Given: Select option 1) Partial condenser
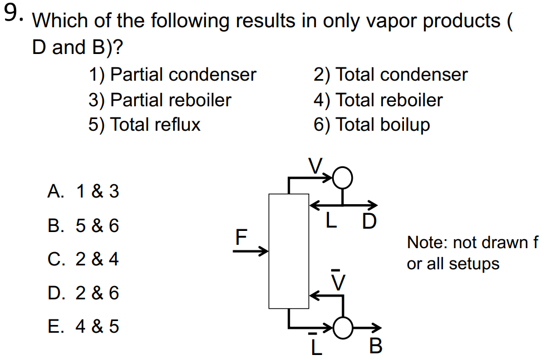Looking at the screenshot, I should click(173, 75).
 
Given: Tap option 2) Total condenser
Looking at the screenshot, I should click(391, 75).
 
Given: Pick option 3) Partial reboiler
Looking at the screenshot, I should click(160, 100).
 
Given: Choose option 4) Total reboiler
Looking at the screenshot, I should click(378, 100).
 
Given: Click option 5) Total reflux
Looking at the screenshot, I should click(144, 125).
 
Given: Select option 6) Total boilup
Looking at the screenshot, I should click(372, 125).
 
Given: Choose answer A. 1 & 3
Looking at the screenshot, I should click(83, 192).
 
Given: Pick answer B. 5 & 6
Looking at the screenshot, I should click(83, 226).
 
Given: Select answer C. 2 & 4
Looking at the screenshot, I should click(83, 259).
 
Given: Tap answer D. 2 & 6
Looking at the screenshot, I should click(83, 293).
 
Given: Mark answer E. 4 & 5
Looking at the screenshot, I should click(83, 326).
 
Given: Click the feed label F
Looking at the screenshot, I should click(240, 238).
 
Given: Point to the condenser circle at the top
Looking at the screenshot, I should click(343, 177).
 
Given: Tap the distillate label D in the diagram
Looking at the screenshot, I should click(369, 222).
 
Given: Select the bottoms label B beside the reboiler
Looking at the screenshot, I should click(376, 347).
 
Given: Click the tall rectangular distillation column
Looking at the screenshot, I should click(288, 250).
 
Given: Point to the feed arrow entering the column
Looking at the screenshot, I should click(250, 251).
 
